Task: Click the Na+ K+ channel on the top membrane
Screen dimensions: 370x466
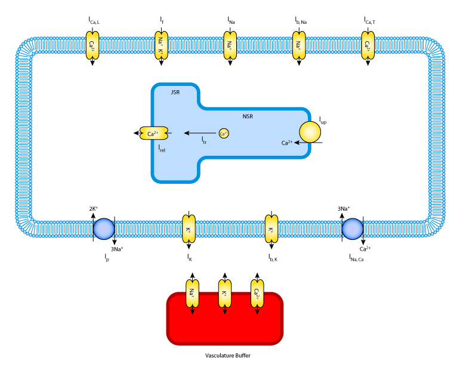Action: tap(161, 45)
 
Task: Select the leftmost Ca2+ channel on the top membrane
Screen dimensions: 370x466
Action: tap(92, 45)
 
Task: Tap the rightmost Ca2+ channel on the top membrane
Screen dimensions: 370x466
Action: tap(368, 45)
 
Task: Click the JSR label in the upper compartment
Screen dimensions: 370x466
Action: tap(175, 92)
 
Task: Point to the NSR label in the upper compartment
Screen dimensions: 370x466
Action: tap(248, 116)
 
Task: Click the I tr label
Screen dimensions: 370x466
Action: tap(204, 140)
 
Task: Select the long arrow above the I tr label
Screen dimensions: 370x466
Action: tap(200, 133)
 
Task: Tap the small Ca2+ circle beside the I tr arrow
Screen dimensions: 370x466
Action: tap(224, 134)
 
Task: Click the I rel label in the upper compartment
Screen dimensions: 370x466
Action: tap(162, 148)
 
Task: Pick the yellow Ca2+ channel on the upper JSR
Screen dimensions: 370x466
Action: tap(153, 134)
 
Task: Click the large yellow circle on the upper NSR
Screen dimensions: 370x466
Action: tap(310, 132)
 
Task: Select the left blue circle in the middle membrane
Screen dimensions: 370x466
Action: tap(104, 229)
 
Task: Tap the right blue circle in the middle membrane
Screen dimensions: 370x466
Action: tap(353, 229)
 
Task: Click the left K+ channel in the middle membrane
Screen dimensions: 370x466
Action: tap(189, 229)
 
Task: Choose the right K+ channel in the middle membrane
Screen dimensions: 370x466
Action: tap(271, 229)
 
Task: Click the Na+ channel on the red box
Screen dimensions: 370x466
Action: tap(192, 294)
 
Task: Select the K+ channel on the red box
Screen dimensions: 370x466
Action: tap(225, 294)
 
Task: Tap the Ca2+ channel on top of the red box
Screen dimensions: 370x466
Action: tap(257, 294)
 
